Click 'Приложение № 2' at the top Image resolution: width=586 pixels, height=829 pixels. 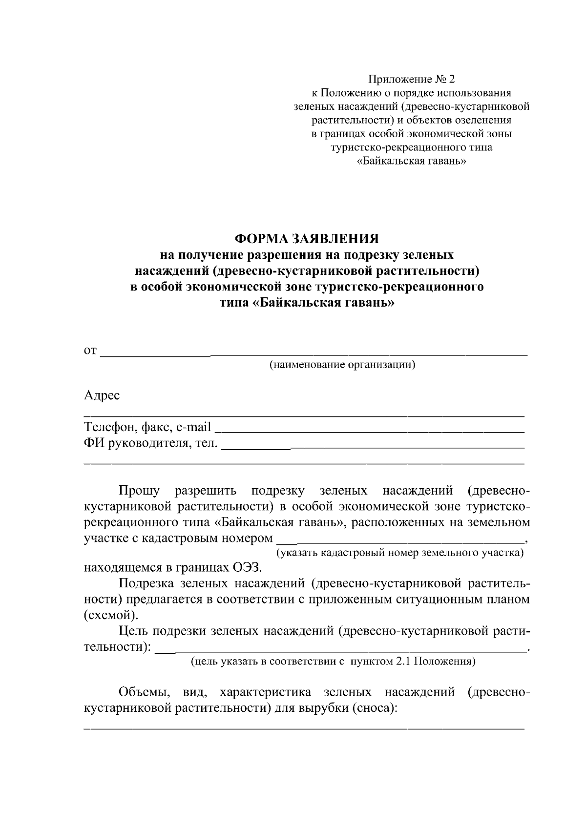point(411,79)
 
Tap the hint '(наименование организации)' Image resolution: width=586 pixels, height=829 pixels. point(342,365)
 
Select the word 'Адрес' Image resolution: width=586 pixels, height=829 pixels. point(102,395)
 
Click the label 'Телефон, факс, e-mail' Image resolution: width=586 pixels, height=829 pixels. point(147,428)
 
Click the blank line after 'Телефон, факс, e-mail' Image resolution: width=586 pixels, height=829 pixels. point(369,431)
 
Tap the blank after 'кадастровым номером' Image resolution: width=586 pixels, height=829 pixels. point(400,541)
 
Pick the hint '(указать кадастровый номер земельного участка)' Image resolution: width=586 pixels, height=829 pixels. point(400,553)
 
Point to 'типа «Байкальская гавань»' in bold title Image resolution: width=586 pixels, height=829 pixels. point(307,303)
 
